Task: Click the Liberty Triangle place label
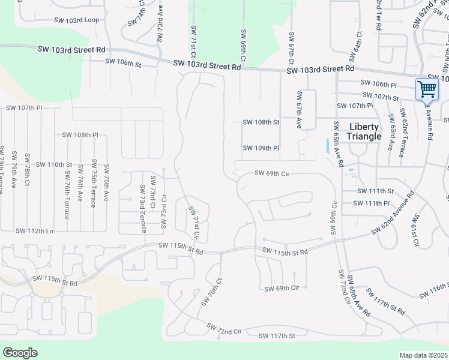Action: tap(364, 131)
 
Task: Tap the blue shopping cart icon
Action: tap(427, 89)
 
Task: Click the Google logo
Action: tap(20, 353)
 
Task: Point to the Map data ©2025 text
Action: tap(424, 355)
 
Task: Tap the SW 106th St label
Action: tap(123, 62)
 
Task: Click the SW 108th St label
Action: tap(261, 122)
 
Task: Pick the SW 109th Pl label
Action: tap(261, 148)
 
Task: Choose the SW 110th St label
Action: tap(54, 164)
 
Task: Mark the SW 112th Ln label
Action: tap(34, 231)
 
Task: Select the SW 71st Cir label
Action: tap(194, 222)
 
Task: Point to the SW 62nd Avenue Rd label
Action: tap(393, 210)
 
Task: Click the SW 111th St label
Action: tap(375, 191)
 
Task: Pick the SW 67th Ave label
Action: tap(298, 110)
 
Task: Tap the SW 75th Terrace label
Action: tap(94, 183)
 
